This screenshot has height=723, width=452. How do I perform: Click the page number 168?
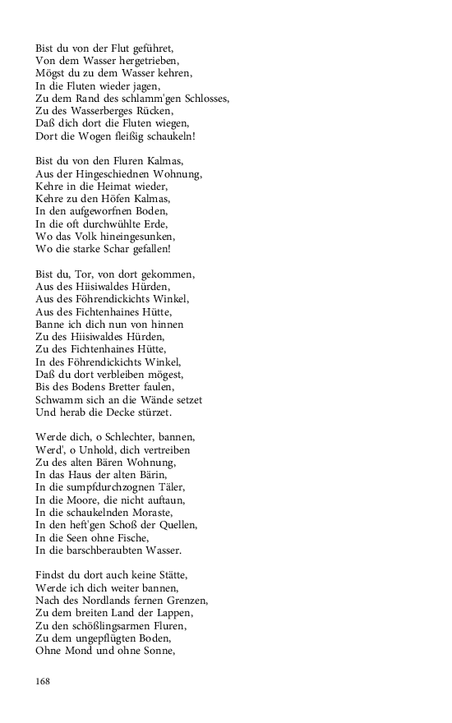pyautogui.click(x=44, y=681)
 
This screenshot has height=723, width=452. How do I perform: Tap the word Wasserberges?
pyautogui.click(x=108, y=110)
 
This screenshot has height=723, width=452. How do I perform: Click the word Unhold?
pyautogui.click(x=95, y=450)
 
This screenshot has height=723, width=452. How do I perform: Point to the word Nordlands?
pyautogui.click(x=113, y=601)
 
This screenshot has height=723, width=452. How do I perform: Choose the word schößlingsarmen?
pyautogui.click(x=116, y=625)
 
